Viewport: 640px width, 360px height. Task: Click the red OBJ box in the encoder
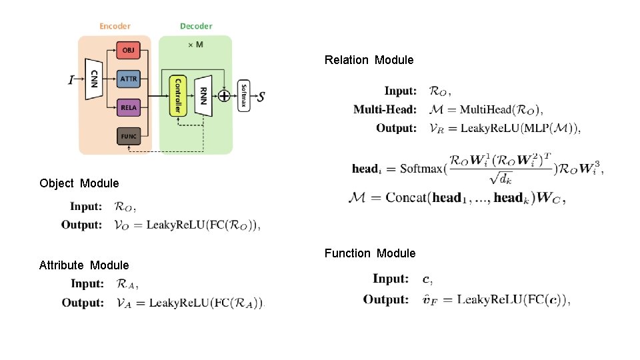[128, 50]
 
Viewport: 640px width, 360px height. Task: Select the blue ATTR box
[128, 79]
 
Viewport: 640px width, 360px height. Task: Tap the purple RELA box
[128, 107]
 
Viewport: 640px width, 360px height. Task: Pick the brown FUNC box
[128, 136]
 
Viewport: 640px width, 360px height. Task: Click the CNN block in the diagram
[95, 79]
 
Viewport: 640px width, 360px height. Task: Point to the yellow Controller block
[177, 96]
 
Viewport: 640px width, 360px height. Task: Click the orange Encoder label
[115, 26]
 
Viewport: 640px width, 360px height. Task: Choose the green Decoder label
[196, 26]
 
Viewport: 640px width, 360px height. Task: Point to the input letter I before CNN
[71, 80]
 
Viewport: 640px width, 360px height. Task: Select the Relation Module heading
[369, 60]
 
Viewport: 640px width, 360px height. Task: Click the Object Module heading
[79, 183]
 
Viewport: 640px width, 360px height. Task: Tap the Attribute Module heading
[84, 265]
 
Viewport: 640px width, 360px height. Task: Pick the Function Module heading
[369, 253]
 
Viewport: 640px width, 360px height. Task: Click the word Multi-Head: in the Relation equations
[385, 109]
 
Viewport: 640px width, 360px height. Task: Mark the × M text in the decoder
[195, 45]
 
